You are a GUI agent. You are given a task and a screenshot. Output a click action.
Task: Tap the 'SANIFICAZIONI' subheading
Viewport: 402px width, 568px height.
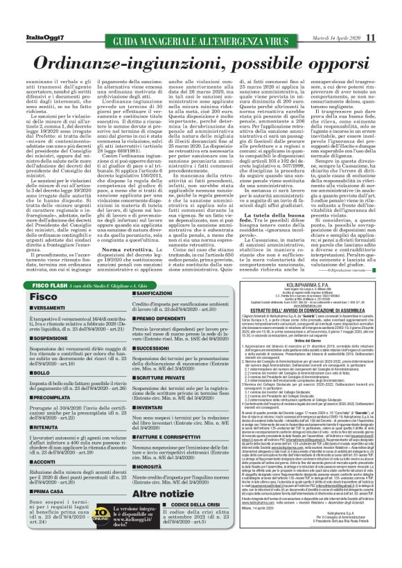(x=139, y=294)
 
